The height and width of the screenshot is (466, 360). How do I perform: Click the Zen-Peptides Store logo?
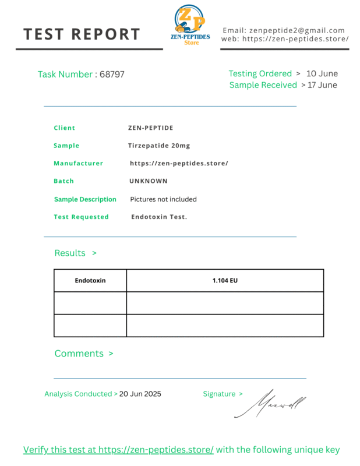tap(190, 25)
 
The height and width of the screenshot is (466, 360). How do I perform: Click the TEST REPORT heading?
tap(82, 34)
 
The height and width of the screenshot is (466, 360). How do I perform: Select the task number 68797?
tap(112, 75)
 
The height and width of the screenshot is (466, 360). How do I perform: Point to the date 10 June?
tap(322, 74)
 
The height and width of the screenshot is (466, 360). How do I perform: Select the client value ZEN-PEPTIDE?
tap(150, 128)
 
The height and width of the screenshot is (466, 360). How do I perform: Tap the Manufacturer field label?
tap(78, 164)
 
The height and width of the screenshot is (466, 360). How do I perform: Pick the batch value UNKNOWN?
tap(149, 181)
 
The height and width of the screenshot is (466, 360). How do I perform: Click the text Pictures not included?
tap(163, 199)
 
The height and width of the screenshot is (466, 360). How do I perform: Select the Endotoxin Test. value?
tap(159, 217)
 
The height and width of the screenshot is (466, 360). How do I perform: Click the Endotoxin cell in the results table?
tap(90, 281)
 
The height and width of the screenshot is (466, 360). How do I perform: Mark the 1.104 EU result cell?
tap(225, 281)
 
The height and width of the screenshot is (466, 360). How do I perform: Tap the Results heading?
tap(70, 253)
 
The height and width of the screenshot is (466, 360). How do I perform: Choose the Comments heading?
tap(79, 354)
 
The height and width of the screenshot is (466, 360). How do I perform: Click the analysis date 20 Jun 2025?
tap(140, 394)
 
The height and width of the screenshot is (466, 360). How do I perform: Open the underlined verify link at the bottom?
tap(118, 450)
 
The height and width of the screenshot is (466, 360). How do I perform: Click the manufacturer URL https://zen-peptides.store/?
tap(179, 164)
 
